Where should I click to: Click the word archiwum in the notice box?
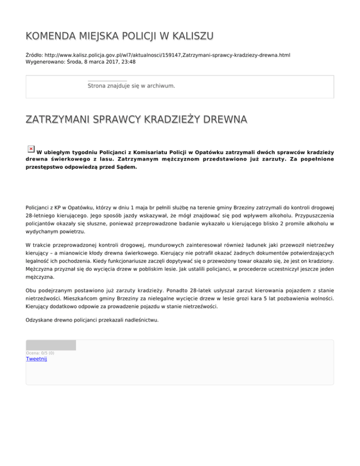coord(160,86)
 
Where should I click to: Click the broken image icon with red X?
coord(30,149)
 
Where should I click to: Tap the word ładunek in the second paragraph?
coord(233,245)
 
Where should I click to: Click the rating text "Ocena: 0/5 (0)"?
coord(40,353)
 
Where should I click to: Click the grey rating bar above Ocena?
coord(51,346)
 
